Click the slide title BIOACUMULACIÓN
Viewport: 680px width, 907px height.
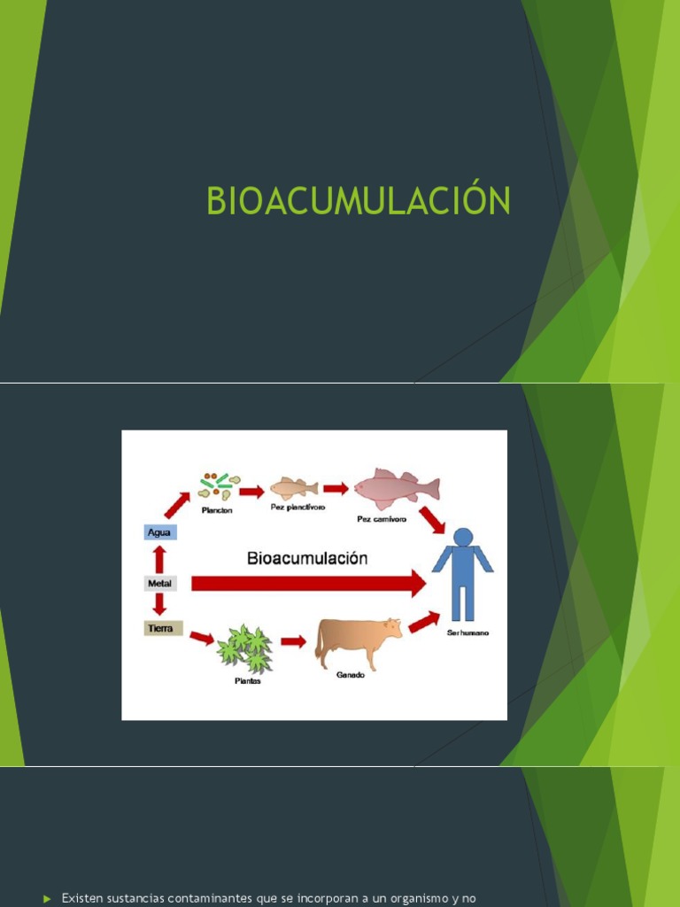pos(359,201)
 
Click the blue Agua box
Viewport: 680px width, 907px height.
pos(159,532)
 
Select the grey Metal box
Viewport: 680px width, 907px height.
pos(160,583)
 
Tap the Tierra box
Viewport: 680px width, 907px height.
pos(163,629)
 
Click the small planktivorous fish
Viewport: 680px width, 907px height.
pos(293,487)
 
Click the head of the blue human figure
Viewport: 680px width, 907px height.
pos(462,537)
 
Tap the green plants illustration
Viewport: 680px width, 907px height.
pos(245,648)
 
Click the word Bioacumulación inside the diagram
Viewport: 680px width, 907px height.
pos(306,558)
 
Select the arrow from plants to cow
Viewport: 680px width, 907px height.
pos(293,641)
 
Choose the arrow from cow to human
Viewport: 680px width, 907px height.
pos(424,622)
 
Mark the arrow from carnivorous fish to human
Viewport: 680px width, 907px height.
pos(432,519)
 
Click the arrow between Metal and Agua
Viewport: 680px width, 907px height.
pos(159,558)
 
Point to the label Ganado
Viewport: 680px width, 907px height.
pos(350,675)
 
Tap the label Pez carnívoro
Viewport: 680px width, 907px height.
pos(382,519)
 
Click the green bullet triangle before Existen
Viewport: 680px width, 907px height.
pos(48,899)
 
